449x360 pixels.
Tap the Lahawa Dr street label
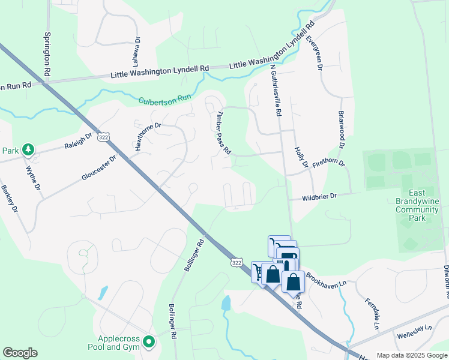(137, 52)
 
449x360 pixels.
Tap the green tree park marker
(28, 149)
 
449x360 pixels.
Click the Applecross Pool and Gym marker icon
(149, 343)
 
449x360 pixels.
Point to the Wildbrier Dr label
(321, 196)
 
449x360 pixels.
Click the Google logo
(20, 353)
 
